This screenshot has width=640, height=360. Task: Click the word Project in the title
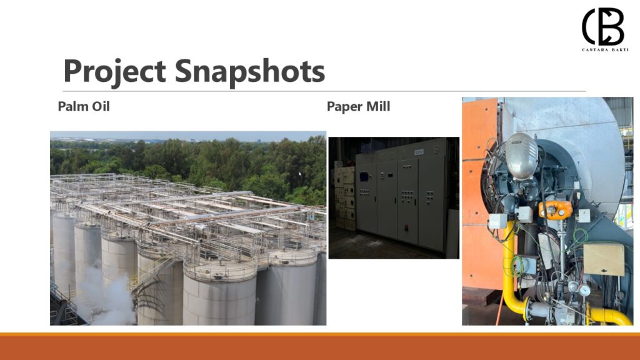point(114,72)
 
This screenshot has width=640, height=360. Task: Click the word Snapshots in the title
point(250,72)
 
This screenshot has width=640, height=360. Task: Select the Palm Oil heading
point(84,106)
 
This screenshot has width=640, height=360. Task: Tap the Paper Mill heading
point(358,106)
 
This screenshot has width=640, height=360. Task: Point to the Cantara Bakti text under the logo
point(605,50)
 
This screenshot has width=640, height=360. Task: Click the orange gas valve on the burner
point(556,209)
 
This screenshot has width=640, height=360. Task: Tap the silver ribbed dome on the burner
point(522,155)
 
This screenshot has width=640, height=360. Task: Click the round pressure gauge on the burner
point(584,290)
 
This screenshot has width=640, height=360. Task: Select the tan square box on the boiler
point(604,259)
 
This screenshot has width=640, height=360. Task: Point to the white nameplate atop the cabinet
point(419,152)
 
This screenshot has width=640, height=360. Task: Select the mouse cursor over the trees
point(300,174)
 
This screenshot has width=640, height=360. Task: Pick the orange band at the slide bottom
point(320,346)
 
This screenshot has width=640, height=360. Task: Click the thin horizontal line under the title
point(324,91)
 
